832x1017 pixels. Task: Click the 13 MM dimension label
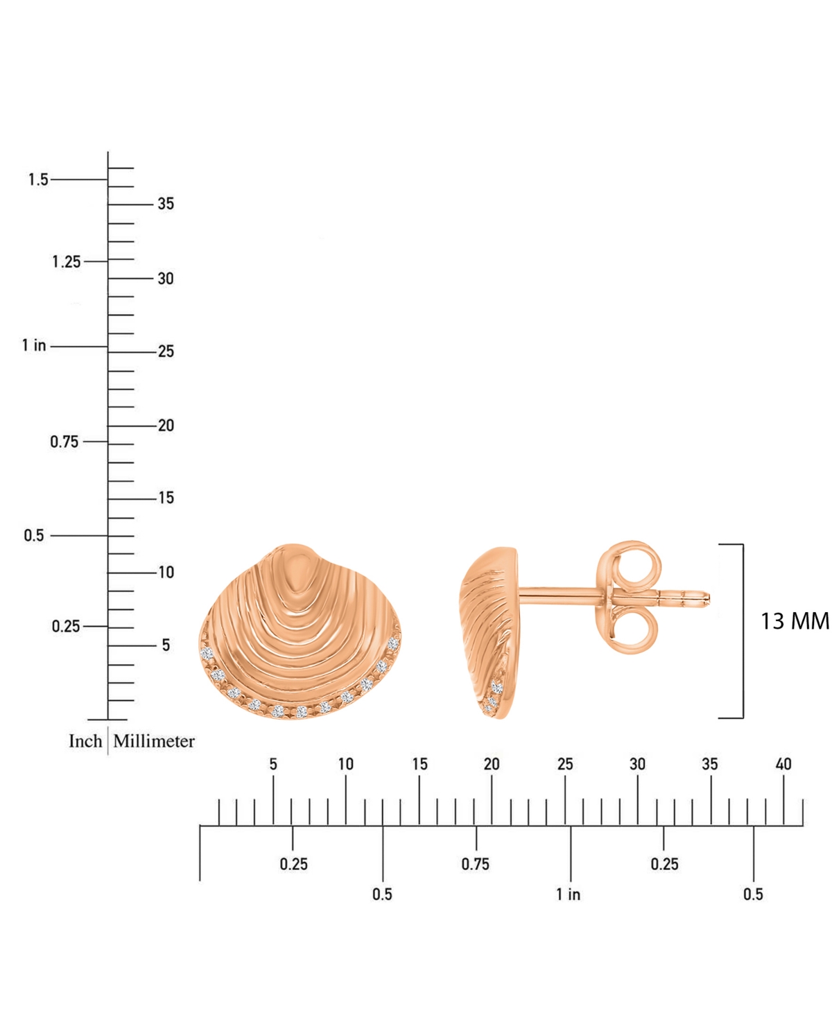(795, 622)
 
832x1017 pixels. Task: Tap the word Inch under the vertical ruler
(85, 741)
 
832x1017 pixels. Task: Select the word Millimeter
(154, 741)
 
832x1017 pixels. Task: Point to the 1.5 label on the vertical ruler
(38, 180)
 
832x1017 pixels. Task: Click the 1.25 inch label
(67, 262)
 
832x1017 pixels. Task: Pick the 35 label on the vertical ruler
(166, 204)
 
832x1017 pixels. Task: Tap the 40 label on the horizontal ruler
(783, 764)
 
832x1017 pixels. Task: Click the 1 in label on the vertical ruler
(34, 345)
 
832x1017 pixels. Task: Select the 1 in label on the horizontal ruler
(568, 894)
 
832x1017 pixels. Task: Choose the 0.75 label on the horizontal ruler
(476, 864)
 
